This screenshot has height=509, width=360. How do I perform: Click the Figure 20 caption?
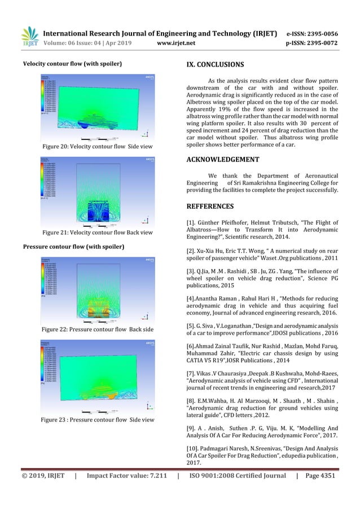[x=94, y=147]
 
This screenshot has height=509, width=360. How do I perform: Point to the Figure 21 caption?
[x=94, y=232]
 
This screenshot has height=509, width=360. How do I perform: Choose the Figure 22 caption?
[x=94, y=328]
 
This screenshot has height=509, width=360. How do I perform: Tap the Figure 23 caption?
[x=94, y=419]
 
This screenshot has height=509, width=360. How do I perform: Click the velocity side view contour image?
[x=94, y=107]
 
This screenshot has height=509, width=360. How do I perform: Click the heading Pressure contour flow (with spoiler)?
[x=73, y=247]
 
